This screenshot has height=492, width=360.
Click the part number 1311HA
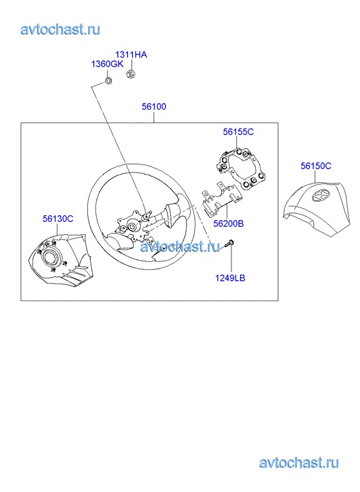coord(131,55)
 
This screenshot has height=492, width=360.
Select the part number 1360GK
coord(107,64)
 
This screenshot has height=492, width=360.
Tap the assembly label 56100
coord(154,107)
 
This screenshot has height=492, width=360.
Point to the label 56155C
coord(238,132)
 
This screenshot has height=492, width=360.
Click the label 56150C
coord(316,166)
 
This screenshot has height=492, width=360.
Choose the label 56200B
coord(229,224)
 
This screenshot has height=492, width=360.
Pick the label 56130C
coord(58,219)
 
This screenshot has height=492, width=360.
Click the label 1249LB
coord(230,278)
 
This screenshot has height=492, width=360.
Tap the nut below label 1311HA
coord(131,74)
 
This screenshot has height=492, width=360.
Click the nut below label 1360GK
coord(108,81)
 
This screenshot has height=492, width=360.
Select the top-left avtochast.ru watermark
coord(60,30)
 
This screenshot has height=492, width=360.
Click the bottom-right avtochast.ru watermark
coord(299,463)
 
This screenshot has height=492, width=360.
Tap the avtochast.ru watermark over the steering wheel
coord(180,246)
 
